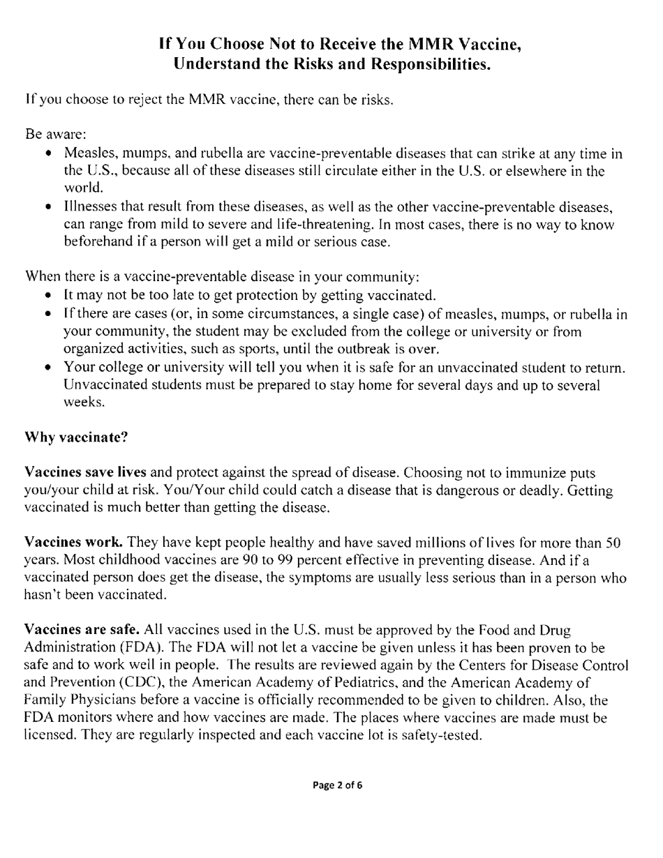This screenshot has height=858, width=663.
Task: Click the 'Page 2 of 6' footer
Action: point(337,785)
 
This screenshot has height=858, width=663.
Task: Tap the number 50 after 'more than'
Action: point(612,542)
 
